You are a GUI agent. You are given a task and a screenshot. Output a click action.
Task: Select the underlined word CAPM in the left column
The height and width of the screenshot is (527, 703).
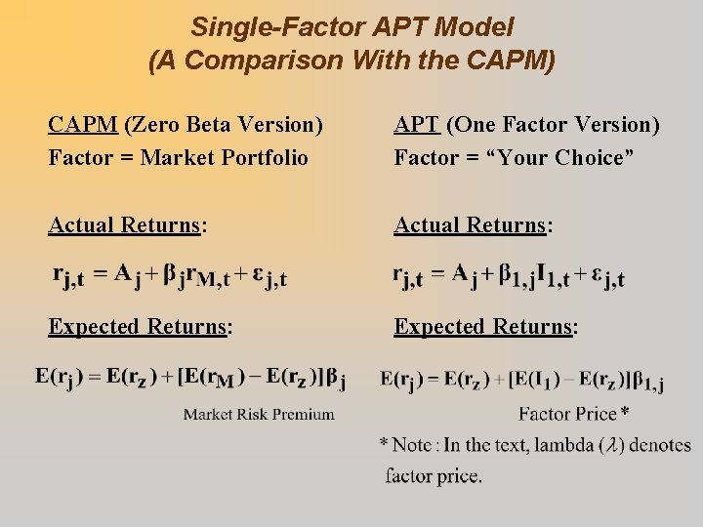[x=83, y=125]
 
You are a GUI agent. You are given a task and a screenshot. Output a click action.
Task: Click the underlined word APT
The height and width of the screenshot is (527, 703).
[x=417, y=125]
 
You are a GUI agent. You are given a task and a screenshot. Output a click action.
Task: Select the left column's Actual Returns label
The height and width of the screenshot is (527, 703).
[x=127, y=225]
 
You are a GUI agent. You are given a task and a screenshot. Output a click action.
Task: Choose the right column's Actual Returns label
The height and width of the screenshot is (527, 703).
[x=473, y=225]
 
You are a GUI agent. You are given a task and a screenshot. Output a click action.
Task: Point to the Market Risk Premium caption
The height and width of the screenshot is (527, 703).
[x=259, y=414]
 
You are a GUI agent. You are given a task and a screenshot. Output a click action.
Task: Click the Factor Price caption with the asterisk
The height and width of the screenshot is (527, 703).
[x=573, y=414]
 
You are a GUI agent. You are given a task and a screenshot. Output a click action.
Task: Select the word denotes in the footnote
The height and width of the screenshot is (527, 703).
[x=660, y=445]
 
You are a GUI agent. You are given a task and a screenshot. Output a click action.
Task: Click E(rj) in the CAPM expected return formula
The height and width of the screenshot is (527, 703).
[x=61, y=376]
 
